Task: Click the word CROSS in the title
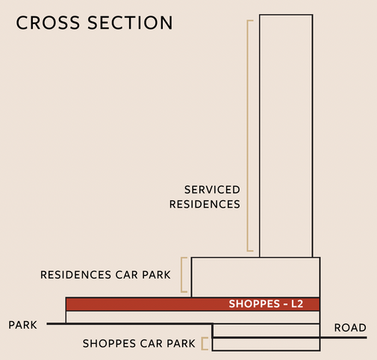tap(48, 22)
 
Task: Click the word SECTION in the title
tap(130, 22)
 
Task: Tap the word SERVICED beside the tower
tap(212, 190)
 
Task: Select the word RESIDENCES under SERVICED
tap(205, 204)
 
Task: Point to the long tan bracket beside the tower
tap(248, 136)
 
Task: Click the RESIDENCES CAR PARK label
tap(105, 275)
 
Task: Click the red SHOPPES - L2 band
tap(193, 304)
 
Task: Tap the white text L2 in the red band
tap(297, 304)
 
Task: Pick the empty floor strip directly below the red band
tap(193, 317)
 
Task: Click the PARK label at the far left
tap(22, 325)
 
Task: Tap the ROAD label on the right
tap(350, 328)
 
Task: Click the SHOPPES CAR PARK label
tap(139, 344)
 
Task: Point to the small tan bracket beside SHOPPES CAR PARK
tap(202, 344)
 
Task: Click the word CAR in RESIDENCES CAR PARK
tap(126, 275)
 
